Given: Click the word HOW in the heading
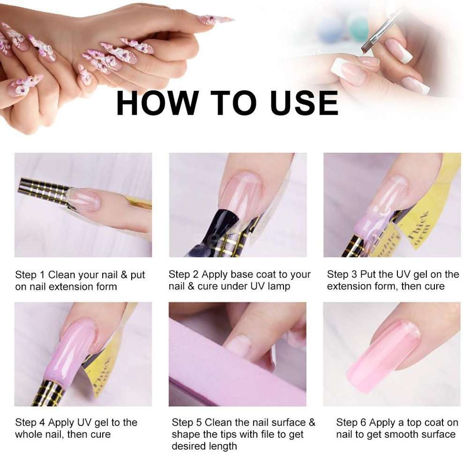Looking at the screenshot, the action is pos(157,103).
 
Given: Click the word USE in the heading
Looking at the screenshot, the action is pos(304,103).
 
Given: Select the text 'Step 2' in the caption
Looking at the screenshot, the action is pos(183,274).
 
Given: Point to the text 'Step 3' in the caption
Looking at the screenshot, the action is pos(342,274).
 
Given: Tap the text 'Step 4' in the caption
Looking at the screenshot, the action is pos(30,423).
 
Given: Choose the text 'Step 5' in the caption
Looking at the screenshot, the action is pos(187,422).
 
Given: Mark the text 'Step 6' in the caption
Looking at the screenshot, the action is pos(351,423).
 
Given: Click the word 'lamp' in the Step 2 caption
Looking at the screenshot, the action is pos(279,286).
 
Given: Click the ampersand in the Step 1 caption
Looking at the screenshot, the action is pos(124,275).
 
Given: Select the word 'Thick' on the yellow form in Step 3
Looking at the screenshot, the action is pos(418,225).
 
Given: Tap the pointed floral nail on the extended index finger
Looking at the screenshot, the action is pos(215,20).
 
